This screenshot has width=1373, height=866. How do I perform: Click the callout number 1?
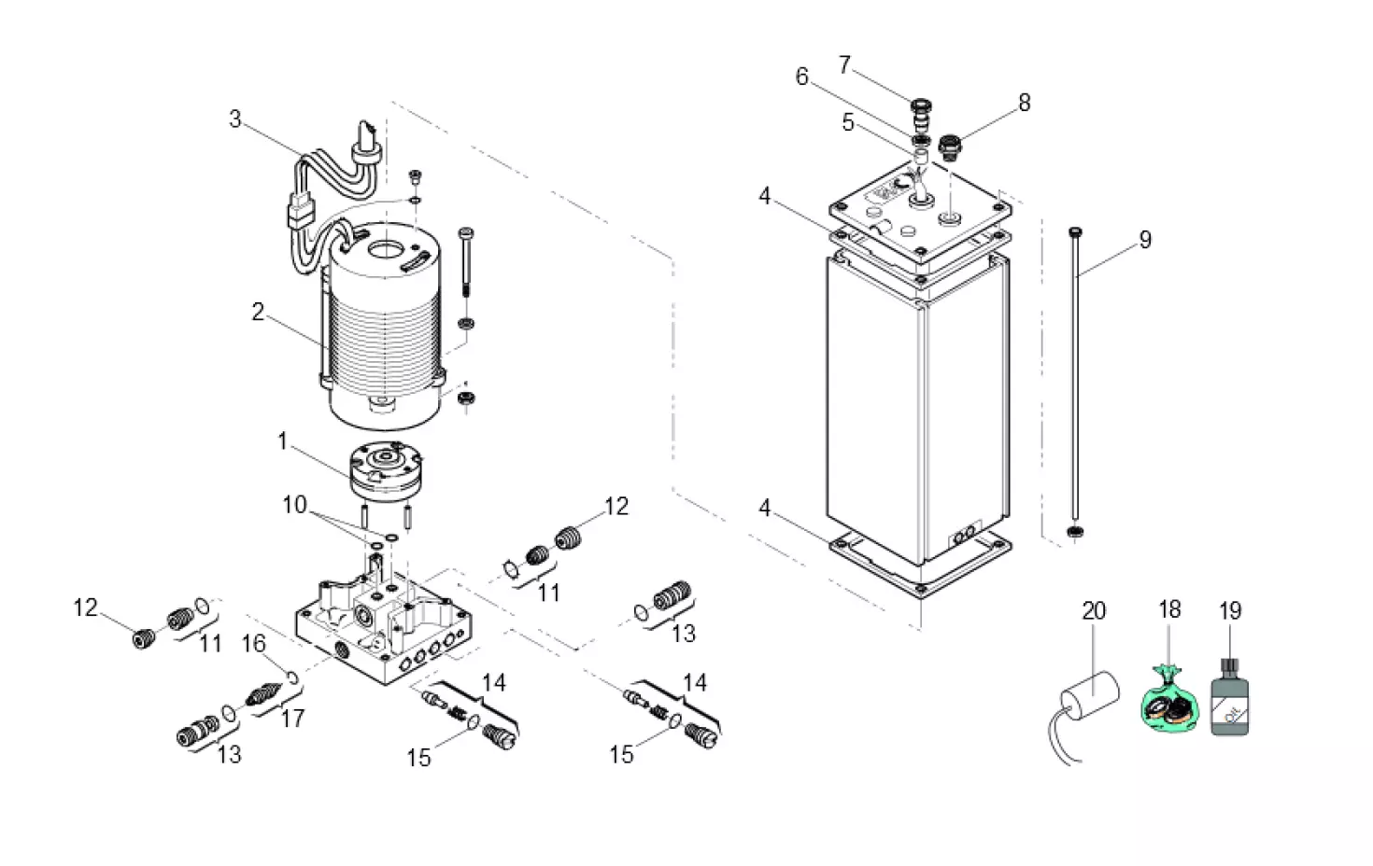(283, 440)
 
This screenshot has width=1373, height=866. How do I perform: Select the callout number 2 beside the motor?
(258, 312)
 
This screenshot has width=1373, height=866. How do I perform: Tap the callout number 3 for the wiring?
(235, 119)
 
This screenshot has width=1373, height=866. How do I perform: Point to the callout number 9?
(1145, 240)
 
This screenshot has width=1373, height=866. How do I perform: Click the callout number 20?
(1094, 611)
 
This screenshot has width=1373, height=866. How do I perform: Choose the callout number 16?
(254, 644)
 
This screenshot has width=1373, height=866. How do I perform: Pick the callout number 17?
(292, 718)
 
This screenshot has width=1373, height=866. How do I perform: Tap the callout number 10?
(295, 505)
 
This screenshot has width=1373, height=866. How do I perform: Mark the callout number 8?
(1025, 103)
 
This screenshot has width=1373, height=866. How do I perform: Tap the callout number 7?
(844, 65)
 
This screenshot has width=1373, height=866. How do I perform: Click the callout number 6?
(801, 77)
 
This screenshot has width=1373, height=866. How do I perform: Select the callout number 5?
(848, 123)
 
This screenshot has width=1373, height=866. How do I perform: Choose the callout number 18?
(1169, 610)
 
